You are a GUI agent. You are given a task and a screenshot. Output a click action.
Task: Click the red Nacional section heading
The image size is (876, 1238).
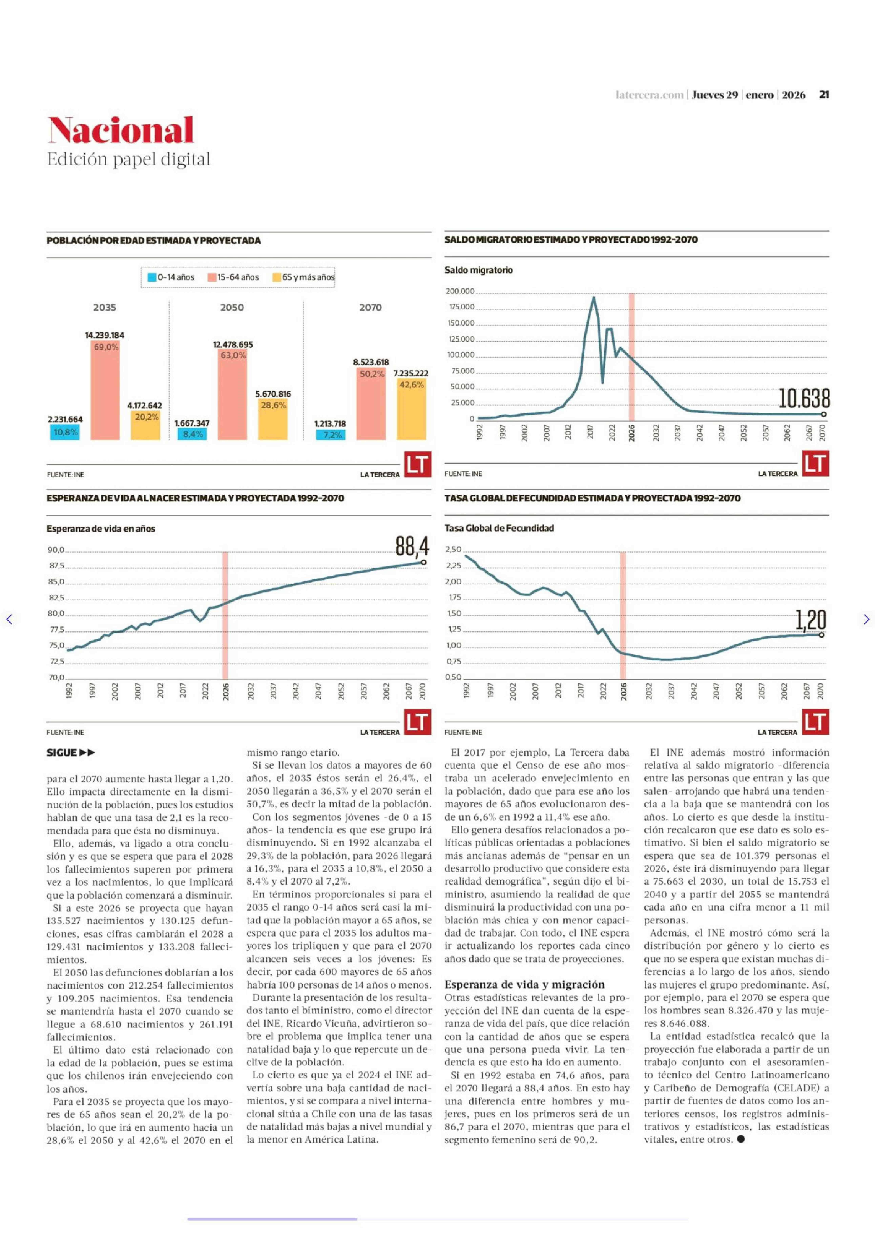121,131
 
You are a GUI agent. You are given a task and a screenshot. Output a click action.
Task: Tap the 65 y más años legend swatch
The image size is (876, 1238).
276,277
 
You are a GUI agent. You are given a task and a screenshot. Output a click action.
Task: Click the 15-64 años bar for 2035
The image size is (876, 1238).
105,391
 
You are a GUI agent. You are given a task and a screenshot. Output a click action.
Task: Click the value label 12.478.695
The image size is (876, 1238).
233,344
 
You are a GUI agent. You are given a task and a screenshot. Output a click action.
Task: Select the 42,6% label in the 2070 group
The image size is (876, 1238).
412,385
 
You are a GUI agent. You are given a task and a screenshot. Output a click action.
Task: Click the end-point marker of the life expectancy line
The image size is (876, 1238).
423,562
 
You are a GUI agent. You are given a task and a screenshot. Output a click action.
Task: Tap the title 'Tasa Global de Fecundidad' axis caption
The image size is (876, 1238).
499,528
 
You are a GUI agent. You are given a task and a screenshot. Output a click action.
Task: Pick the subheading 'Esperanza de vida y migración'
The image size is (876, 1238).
524,984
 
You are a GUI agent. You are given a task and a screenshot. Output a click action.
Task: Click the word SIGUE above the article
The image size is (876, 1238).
61,753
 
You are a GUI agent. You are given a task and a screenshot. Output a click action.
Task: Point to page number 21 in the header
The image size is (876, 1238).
824,95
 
